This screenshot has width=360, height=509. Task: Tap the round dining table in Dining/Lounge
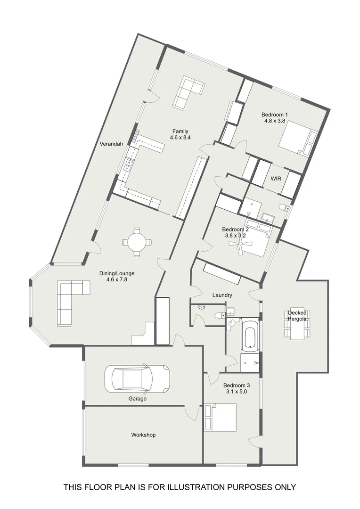click(137, 242)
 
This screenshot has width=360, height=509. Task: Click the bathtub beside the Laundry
click(249, 335)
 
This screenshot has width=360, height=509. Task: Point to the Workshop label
click(143, 435)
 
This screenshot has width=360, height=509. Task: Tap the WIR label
click(276, 179)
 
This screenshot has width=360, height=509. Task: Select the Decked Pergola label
click(297, 316)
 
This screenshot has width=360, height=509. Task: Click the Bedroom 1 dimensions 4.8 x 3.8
click(276, 121)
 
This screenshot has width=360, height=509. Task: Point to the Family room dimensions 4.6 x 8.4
click(180, 138)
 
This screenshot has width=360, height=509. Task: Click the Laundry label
click(222, 296)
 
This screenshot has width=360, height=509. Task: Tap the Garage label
click(138, 399)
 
